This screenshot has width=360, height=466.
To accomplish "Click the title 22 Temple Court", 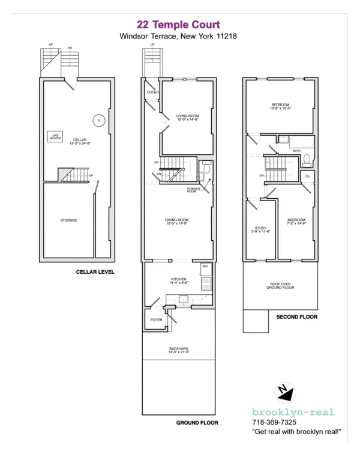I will pyautogui.click(x=178, y=25).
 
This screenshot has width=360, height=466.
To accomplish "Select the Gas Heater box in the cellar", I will pyautogui.click(x=55, y=137).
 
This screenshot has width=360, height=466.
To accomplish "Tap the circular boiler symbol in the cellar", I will pyautogui.click(x=95, y=120).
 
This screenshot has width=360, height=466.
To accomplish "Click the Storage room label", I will pyautogui.click(x=68, y=220).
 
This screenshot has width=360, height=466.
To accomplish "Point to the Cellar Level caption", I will pyautogui.click(x=95, y=272).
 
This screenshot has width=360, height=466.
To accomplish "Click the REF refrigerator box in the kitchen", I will pyautogui.click(x=205, y=266).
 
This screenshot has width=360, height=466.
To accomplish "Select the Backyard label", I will pyautogui.click(x=178, y=349).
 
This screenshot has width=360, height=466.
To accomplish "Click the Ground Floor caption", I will pyautogui.click(x=197, y=423).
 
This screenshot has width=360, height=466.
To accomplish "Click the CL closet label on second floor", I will pyautogui.click(x=307, y=176).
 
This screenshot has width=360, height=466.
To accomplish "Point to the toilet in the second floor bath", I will pyautogui.click(x=306, y=159).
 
